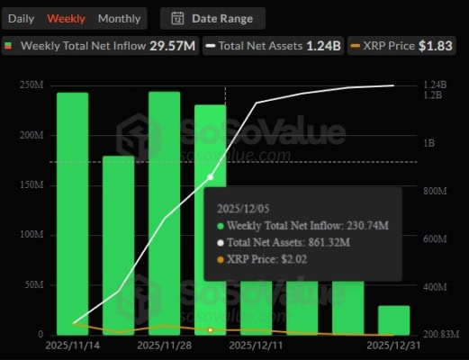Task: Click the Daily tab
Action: pyautogui.click(x=22, y=18)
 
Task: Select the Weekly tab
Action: pyautogui.click(x=67, y=18)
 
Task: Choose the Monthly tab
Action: pyautogui.click(x=119, y=18)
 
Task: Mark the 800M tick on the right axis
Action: pyautogui.click(x=436, y=191)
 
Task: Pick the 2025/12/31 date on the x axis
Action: pyautogui.click(x=393, y=344)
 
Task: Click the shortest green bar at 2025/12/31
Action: pyautogui.click(x=393, y=319)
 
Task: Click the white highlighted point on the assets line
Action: pyautogui.click(x=211, y=177)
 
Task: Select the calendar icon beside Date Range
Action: pyautogui.click(x=177, y=18)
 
